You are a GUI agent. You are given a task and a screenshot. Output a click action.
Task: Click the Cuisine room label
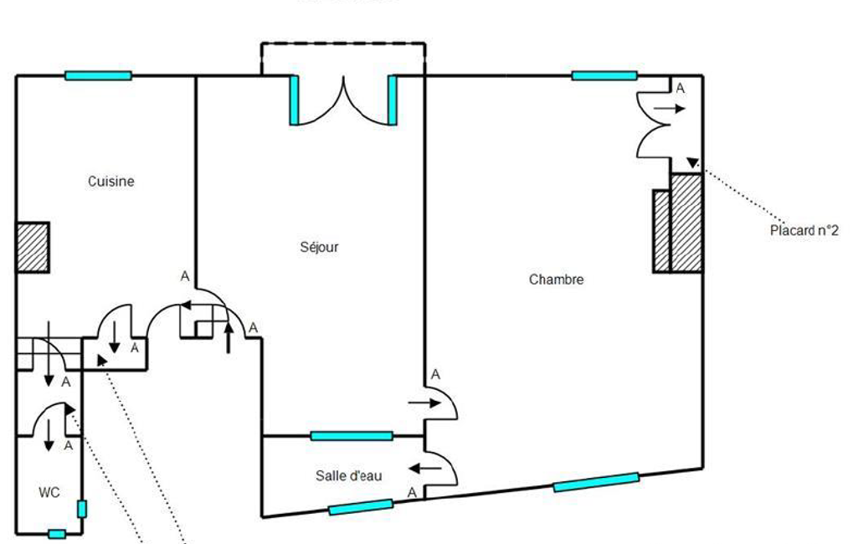click(111, 181)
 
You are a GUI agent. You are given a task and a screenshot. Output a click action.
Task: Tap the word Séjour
click(320, 247)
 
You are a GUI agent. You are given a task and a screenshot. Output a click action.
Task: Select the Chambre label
click(556, 280)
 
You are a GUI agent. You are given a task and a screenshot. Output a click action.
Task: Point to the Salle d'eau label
click(349, 475)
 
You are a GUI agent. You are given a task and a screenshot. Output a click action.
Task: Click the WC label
click(49, 492)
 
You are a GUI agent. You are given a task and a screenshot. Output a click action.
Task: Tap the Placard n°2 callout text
click(804, 231)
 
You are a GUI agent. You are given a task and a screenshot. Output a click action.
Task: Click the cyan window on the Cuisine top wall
click(98, 75)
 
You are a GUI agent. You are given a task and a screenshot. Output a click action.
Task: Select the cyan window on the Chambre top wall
click(604, 75)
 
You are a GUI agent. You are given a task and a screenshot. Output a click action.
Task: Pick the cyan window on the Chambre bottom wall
click(596, 482)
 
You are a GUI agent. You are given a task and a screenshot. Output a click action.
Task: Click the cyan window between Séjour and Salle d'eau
click(352, 435)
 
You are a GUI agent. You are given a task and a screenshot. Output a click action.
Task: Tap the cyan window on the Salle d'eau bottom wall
click(361, 506)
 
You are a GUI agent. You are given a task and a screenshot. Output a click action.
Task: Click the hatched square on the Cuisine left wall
click(33, 247)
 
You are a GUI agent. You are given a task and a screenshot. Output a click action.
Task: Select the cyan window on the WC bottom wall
click(56, 533)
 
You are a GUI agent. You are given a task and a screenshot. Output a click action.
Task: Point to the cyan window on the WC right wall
click(81, 508)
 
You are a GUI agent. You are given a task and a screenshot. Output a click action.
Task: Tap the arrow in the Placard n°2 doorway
click(670, 108)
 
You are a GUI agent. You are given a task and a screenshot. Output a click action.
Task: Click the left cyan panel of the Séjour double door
click(294, 100)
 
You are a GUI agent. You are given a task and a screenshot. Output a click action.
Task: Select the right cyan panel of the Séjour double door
click(392, 100)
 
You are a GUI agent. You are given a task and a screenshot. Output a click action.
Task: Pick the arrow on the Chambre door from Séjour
click(424, 403)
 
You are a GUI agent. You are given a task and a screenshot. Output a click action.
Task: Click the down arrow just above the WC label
click(49, 434)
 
